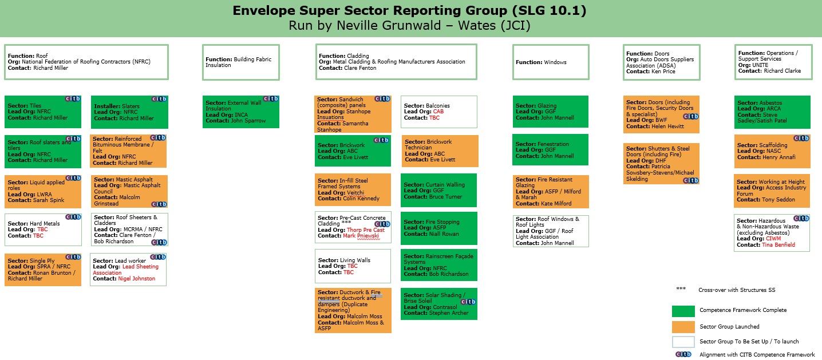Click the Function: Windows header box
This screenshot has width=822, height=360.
(551, 62)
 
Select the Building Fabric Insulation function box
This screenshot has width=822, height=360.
(241, 62)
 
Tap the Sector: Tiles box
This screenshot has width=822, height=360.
(43, 112)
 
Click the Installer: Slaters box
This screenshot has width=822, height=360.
(129, 112)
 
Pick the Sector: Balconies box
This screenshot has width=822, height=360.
(439, 112)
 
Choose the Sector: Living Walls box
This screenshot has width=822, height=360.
(353, 266)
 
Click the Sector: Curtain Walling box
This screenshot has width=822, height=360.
(438, 191)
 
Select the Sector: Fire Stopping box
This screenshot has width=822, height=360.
(439, 228)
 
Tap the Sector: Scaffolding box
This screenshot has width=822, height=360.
(772, 151)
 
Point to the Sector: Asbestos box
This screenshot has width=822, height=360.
(772, 112)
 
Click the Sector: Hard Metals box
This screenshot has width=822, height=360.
(43, 230)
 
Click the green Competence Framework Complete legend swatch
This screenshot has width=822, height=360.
(683, 311)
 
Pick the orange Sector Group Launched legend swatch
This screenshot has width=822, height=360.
(683, 327)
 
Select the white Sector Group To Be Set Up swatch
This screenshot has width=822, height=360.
(683, 342)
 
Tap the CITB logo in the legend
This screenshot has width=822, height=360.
(683, 354)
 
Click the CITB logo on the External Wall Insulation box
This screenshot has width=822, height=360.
(271, 98)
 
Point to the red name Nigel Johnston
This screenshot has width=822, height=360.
(136, 279)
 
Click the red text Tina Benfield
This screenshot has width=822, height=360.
(778, 245)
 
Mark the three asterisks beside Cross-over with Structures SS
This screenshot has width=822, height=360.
(681, 288)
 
